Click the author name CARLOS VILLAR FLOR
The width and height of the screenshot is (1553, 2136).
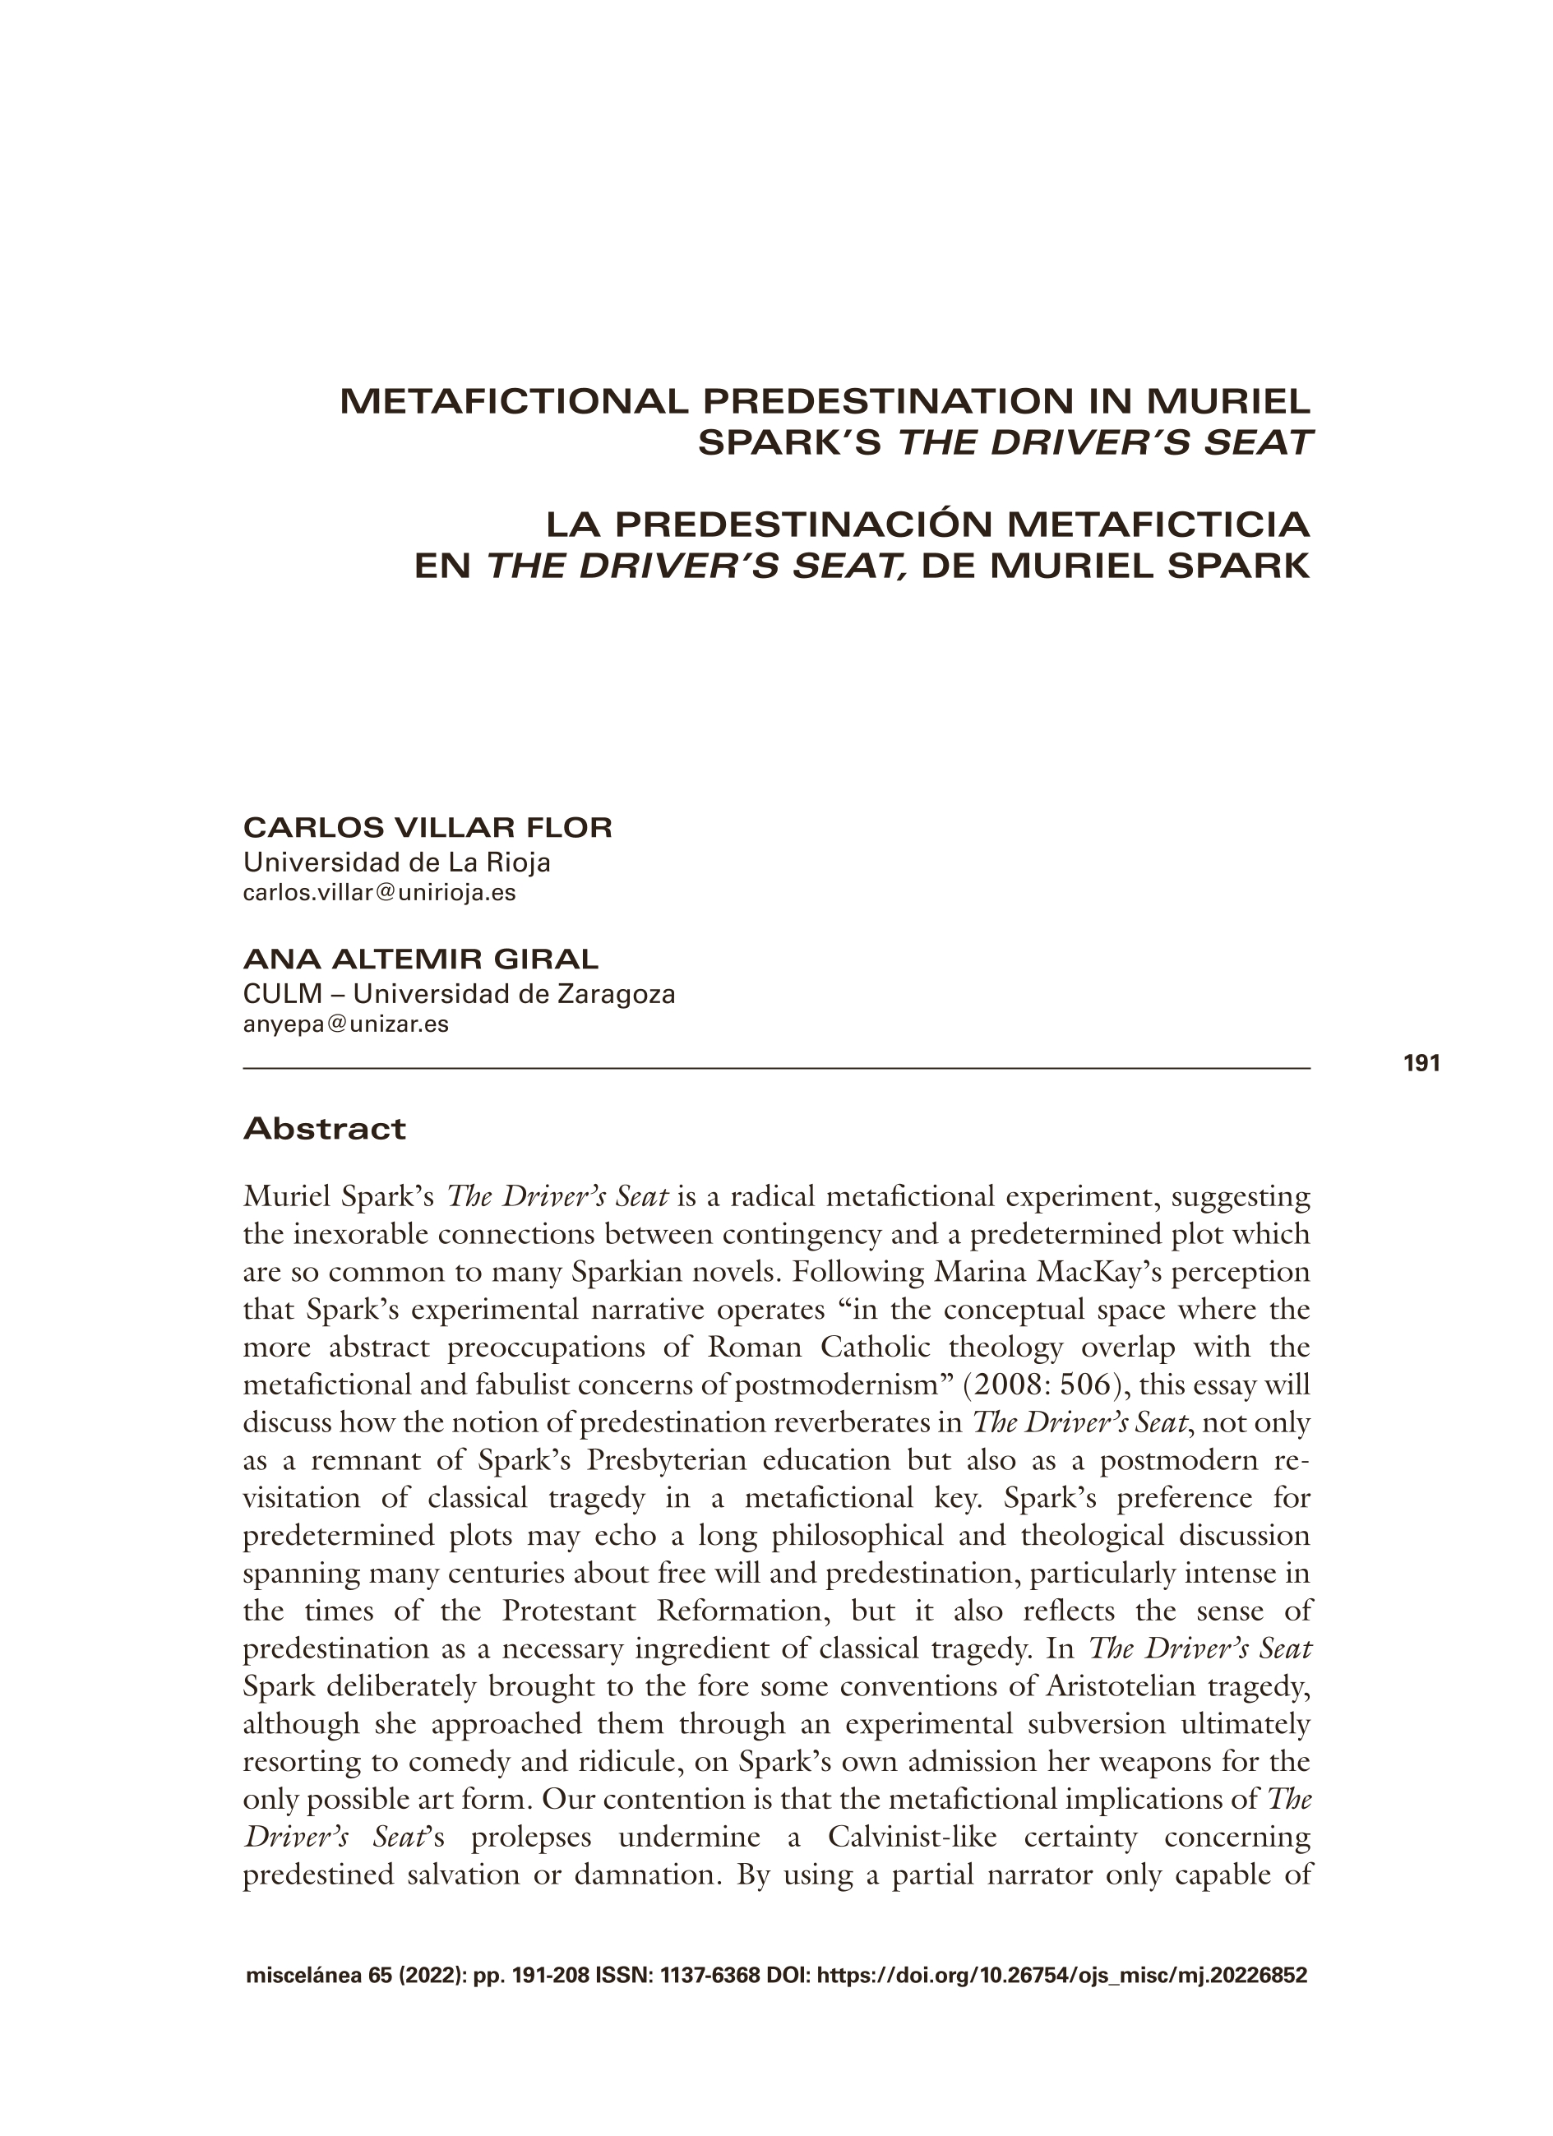tap(428, 828)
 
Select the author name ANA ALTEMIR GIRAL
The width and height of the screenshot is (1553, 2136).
tap(420, 959)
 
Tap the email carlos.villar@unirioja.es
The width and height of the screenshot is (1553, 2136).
tap(379, 893)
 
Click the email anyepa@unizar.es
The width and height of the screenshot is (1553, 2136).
tap(345, 1024)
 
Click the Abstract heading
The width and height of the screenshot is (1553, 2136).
tap(324, 1128)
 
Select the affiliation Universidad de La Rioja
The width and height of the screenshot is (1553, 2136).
tap(396, 862)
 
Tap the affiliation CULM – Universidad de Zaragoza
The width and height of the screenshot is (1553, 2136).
tap(459, 994)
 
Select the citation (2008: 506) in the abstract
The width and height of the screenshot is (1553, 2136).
tap(1030, 1385)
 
